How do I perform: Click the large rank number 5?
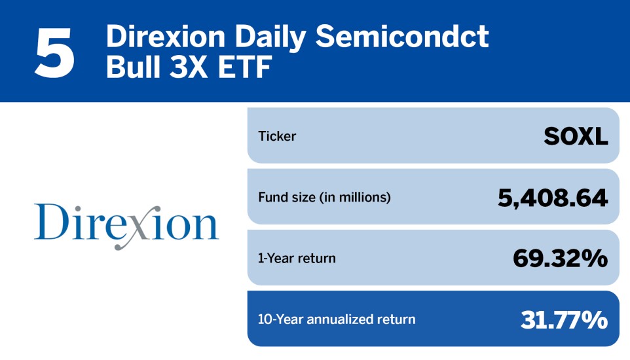55,52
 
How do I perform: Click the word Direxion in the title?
158,37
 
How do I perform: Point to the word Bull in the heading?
130,67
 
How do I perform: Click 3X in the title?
191,67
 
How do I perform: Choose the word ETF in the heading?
246,67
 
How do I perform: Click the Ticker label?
277,136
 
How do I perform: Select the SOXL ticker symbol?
576,136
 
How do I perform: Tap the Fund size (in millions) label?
324,197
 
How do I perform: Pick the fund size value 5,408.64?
553,197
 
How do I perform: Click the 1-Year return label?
297,258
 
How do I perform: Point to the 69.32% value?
560,258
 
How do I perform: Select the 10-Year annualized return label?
337,319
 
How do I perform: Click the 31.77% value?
564,319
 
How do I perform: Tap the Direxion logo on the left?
126,223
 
